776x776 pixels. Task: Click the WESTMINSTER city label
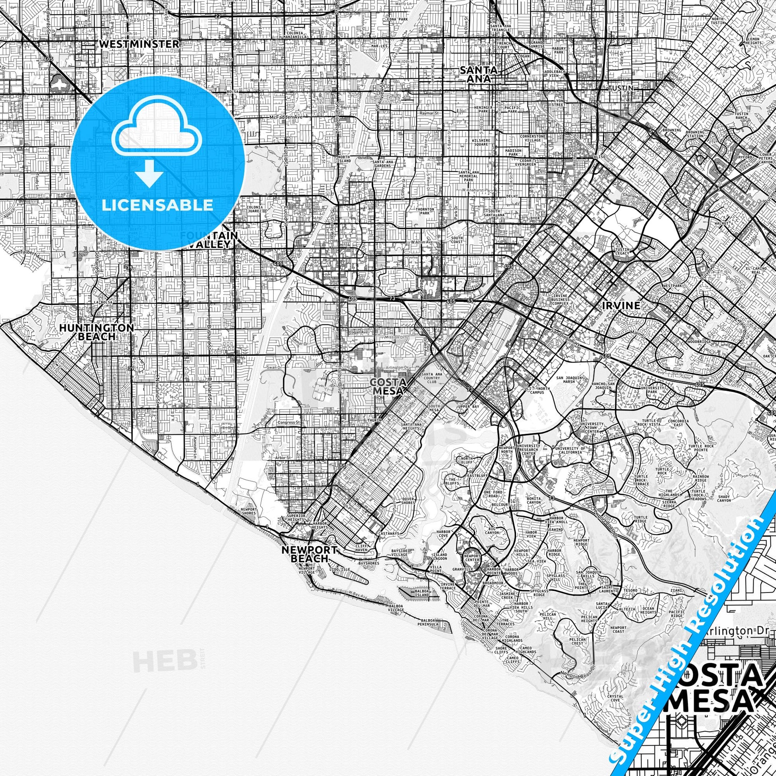tap(139, 44)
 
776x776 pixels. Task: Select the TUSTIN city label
tap(620, 88)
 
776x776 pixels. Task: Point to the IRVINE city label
tap(621, 306)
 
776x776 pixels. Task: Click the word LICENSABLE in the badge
tap(158, 205)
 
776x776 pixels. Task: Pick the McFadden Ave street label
tap(286, 117)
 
